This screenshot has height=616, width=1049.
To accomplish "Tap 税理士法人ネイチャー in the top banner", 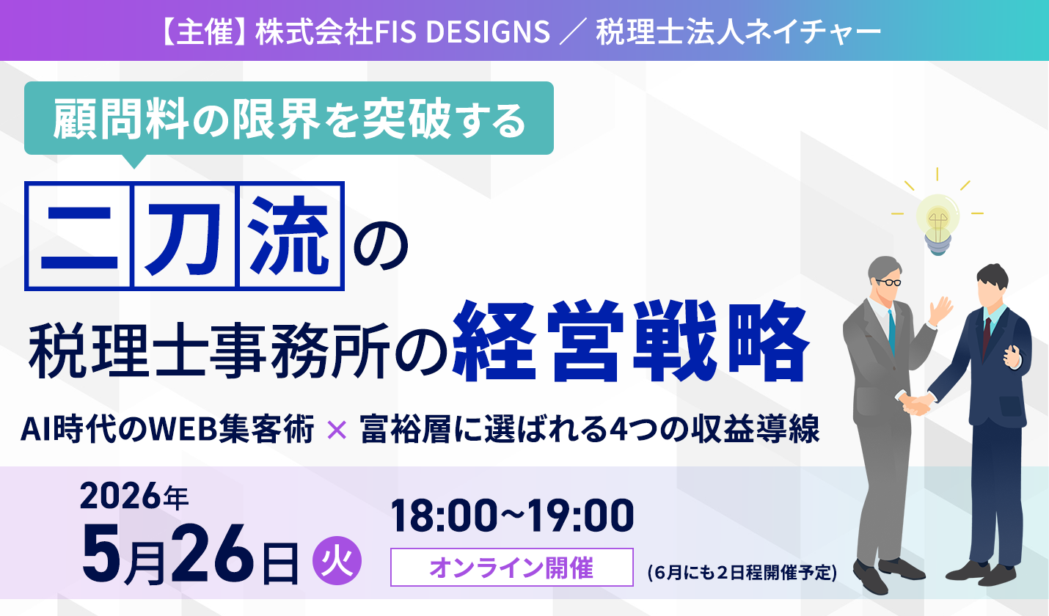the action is coord(738,32).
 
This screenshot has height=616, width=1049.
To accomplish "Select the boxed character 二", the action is coord(79,236).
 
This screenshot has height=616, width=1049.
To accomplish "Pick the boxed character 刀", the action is coord(185,236).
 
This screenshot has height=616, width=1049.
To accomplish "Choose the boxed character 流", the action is coord(290,236).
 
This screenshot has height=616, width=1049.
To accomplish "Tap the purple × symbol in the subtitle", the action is coord(337,430).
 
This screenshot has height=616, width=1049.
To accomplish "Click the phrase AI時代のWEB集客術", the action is coord(167,429).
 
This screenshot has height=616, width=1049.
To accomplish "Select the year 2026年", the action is coord(134,496).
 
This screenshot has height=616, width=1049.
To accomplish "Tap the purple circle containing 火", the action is coord(337,560).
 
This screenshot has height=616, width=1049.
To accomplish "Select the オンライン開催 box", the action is coord(512,567).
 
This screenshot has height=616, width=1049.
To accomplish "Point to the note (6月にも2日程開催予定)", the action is coord(742,573).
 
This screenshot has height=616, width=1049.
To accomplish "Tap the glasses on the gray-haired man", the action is coord(888,282).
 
